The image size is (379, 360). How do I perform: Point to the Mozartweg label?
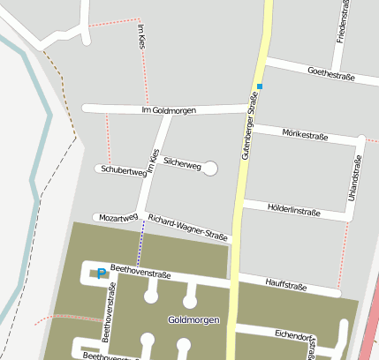pyautogui.click(x=118, y=217)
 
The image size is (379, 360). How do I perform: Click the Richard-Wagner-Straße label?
pyautogui.click(x=187, y=228)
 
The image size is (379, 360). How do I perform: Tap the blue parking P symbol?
pyautogui.click(x=102, y=273)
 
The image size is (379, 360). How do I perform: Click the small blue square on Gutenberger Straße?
pyautogui.click(x=260, y=86)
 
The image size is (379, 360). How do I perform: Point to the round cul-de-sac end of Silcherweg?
pyautogui.click(x=210, y=169)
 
